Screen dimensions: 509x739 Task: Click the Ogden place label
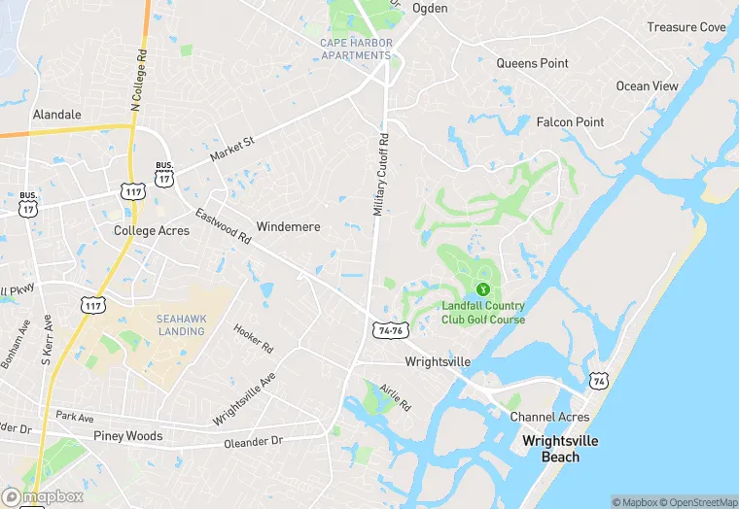pyautogui.click(x=430, y=8)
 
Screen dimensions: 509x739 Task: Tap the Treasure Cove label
pyautogui.click(x=686, y=27)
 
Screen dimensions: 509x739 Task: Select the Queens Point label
pyautogui.click(x=532, y=63)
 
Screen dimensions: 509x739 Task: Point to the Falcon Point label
pyautogui.click(x=570, y=121)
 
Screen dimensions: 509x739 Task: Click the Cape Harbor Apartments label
pyautogui.click(x=356, y=49)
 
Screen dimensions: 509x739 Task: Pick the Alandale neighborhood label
pyautogui.click(x=57, y=114)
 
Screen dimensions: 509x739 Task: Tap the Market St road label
pyautogui.click(x=231, y=150)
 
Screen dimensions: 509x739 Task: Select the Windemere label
pyautogui.click(x=289, y=226)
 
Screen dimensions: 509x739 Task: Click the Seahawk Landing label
pyautogui.click(x=181, y=324)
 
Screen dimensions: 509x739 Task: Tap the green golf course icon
pyautogui.click(x=482, y=289)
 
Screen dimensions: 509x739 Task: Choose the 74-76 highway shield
pyautogui.click(x=388, y=331)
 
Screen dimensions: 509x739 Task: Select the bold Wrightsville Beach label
pyautogui.click(x=560, y=448)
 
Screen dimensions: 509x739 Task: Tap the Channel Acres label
pyautogui.click(x=549, y=417)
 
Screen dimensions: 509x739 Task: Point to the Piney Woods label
pyautogui.click(x=127, y=435)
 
